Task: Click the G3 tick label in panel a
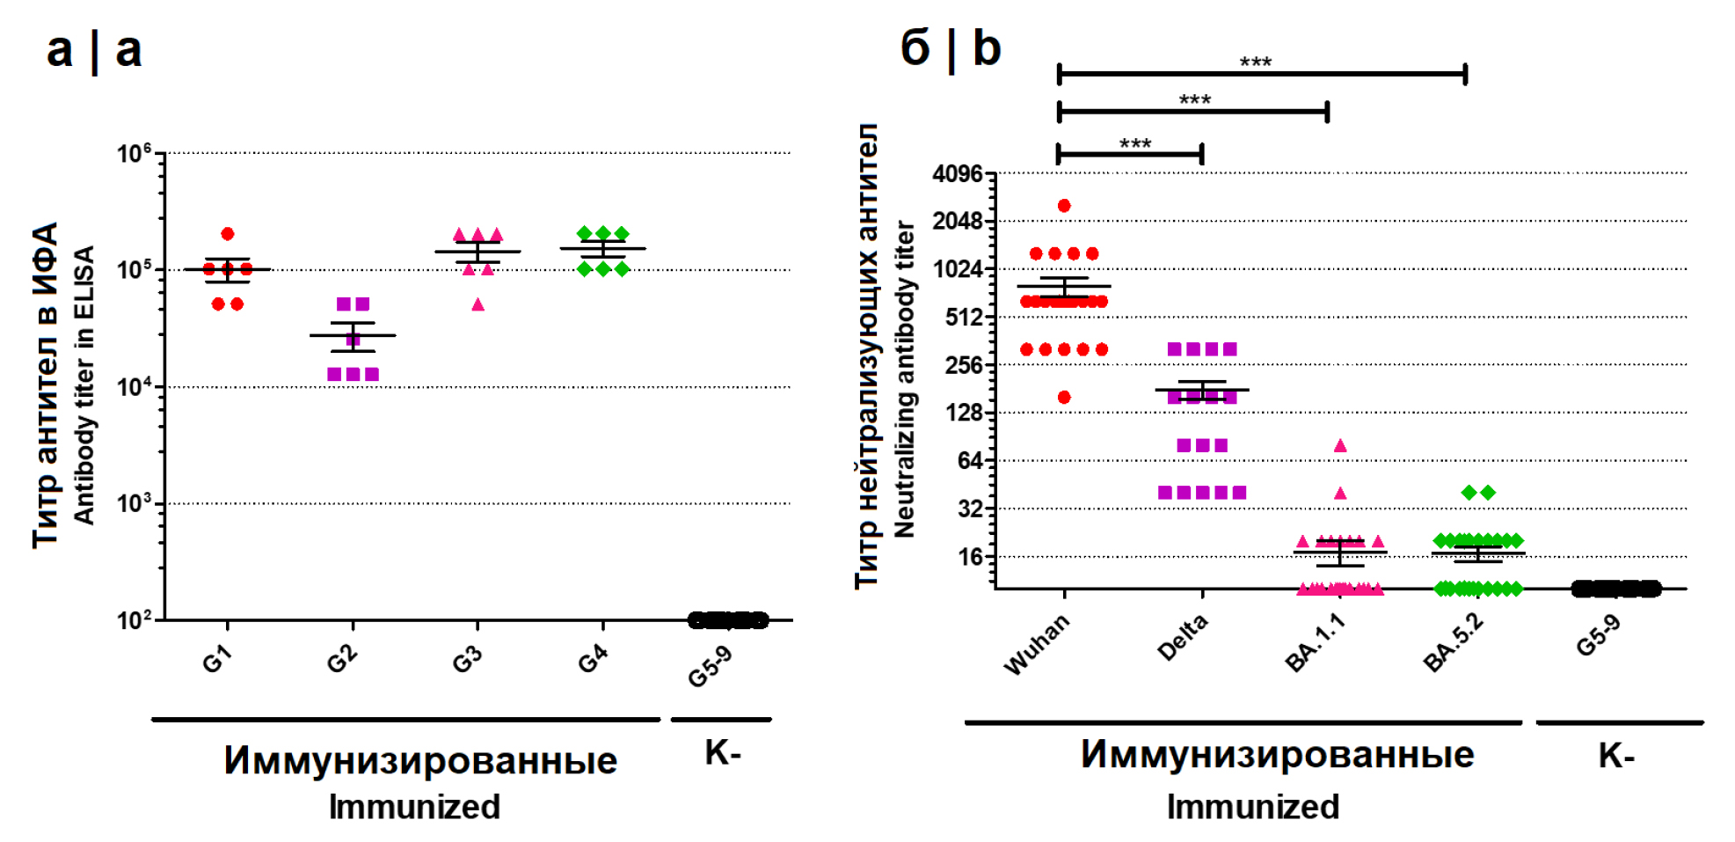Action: [467, 658]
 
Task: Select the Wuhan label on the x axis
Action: [1038, 644]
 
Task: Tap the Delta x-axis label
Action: [1183, 638]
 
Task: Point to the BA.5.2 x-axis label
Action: [1454, 642]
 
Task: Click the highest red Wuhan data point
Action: [1064, 206]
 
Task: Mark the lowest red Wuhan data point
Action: [1064, 397]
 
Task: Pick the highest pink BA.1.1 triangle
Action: [1340, 445]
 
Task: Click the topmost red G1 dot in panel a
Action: [228, 234]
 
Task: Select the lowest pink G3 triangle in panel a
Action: [477, 304]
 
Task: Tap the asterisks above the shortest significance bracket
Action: [1135, 143]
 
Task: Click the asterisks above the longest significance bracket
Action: [1256, 62]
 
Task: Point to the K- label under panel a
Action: [723, 753]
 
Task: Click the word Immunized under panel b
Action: [1252, 807]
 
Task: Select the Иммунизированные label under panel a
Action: [420, 760]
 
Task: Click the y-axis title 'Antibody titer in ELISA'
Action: [84, 385]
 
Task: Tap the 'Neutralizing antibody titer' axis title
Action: [904, 378]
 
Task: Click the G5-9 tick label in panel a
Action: [711, 665]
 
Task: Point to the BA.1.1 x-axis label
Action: [1316, 642]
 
